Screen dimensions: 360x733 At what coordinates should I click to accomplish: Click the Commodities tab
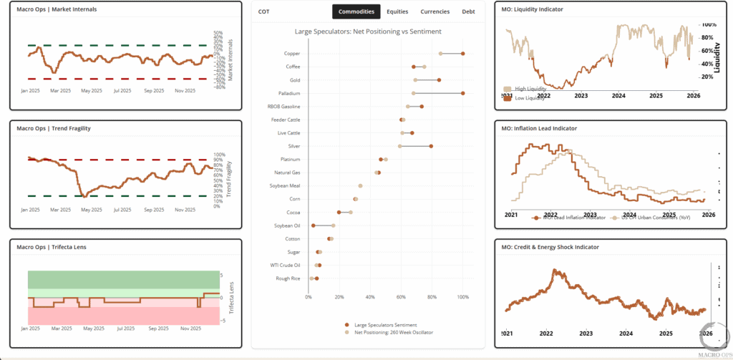pyautogui.click(x=356, y=11)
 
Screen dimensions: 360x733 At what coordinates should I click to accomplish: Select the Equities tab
pyautogui.click(x=397, y=11)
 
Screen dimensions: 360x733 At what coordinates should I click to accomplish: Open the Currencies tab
pyautogui.click(x=435, y=11)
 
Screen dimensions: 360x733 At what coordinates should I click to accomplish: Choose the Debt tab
pyautogui.click(x=468, y=11)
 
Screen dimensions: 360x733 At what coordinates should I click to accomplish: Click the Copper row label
pyautogui.click(x=291, y=54)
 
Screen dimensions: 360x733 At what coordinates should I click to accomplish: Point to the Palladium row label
pyautogui.click(x=289, y=94)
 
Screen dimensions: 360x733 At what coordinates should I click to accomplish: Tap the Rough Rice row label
pyautogui.click(x=288, y=278)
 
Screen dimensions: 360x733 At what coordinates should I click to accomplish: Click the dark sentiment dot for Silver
pyautogui.click(x=431, y=146)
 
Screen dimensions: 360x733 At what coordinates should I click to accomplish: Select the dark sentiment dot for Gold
pyautogui.click(x=439, y=80)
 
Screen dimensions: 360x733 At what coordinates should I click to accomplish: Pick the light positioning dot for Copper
pyautogui.click(x=441, y=54)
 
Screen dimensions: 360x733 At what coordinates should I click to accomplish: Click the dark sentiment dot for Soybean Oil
pyautogui.click(x=314, y=225)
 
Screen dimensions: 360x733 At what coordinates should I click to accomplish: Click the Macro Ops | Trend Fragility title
pyautogui.click(x=59, y=128)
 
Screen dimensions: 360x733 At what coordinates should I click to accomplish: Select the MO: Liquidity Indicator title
pyautogui.click(x=533, y=9)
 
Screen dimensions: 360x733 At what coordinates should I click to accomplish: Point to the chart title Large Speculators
pyautogui.click(x=368, y=31)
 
